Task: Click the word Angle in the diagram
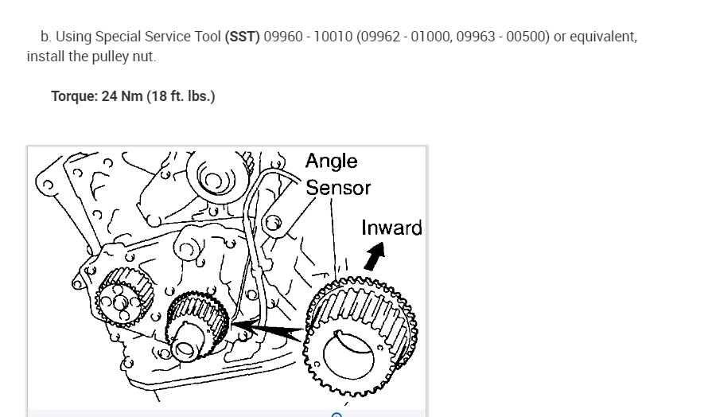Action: click(331, 161)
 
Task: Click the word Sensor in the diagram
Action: click(338, 188)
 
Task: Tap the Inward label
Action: click(391, 228)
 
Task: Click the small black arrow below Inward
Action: click(373, 255)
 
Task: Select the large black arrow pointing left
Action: click(266, 326)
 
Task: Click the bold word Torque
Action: click(75, 96)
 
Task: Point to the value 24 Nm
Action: click(122, 96)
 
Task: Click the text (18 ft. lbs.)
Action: click(181, 96)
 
